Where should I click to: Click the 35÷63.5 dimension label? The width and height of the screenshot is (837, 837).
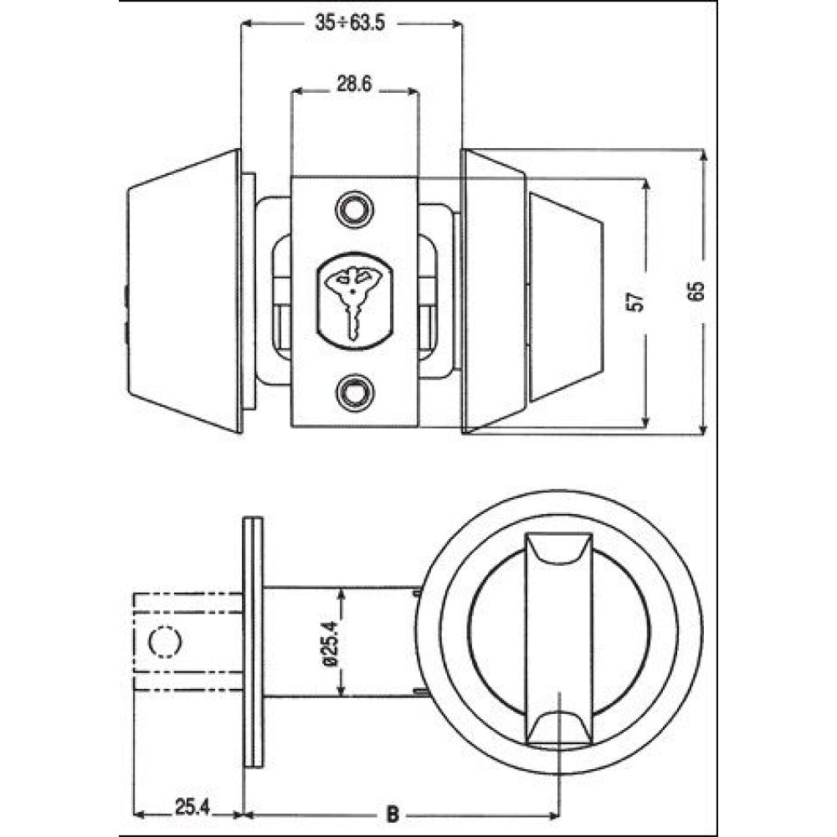tap(350, 24)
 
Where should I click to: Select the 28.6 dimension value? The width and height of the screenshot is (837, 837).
tap(354, 84)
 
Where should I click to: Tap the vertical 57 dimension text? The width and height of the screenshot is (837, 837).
tap(637, 301)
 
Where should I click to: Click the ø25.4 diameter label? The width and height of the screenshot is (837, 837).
tap(331, 642)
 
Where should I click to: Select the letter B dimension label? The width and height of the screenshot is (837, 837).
tap(393, 814)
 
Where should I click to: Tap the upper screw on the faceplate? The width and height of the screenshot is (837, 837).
tap(354, 208)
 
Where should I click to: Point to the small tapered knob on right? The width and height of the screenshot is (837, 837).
tap(566, 298)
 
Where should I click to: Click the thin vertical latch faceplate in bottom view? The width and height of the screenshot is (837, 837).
tap(253, 642)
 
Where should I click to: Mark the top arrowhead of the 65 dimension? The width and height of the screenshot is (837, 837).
tap(703, 155)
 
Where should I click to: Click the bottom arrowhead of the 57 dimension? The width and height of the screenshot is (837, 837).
tap(646, 422)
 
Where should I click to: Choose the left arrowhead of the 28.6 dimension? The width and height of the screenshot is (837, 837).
tap(297, 91)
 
